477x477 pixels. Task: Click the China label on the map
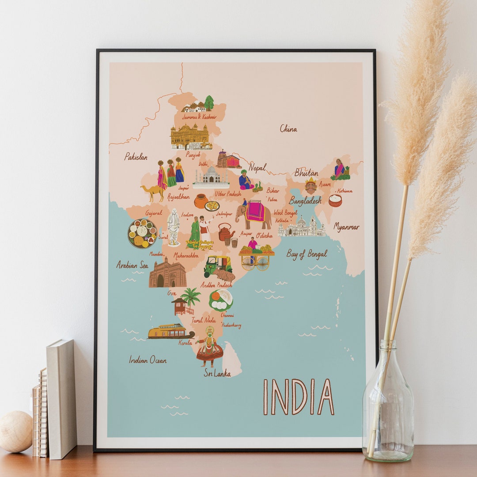coord(288,129)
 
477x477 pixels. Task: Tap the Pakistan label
coord(136,156)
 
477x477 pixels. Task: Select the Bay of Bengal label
coord(307,254)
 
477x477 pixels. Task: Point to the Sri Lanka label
coord(217,373)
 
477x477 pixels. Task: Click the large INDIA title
coord(299,397)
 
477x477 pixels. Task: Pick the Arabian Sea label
coord(132,265)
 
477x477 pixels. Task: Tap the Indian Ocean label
coord(148,360)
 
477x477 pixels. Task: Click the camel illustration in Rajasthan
coord(152,192)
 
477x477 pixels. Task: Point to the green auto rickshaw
coord(218,265)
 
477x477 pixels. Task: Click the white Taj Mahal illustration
coord(211,177)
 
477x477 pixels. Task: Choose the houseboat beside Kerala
coord(170,331)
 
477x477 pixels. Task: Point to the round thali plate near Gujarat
coord(142,233)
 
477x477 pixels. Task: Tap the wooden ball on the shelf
coord(16,431)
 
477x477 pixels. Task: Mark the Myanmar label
coord(346,227)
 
